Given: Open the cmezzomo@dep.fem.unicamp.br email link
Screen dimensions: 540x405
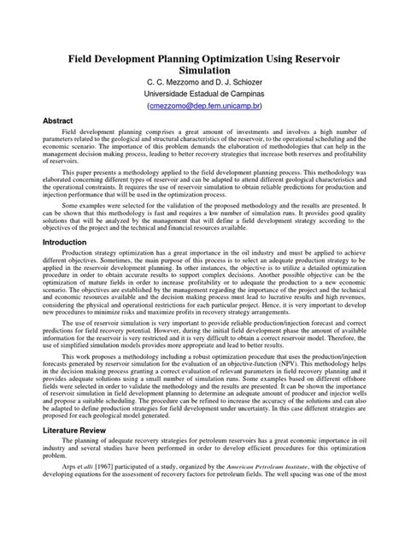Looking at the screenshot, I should pos(202,117).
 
